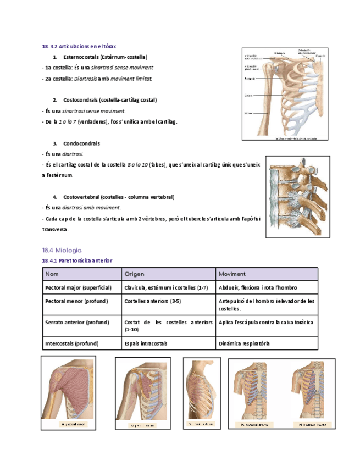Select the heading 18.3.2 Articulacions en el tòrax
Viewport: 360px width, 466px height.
79,46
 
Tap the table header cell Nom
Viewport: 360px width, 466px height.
52,274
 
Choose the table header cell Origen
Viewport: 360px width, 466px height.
134,274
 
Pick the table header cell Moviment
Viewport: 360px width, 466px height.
232,274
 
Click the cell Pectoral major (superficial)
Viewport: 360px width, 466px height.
78,287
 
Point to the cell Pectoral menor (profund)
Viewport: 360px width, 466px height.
76,301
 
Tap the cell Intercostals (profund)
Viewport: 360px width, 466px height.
71,343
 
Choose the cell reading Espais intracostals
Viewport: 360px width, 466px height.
146,343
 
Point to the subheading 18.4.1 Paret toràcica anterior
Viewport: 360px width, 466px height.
77,260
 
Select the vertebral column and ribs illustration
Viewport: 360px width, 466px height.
298,196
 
